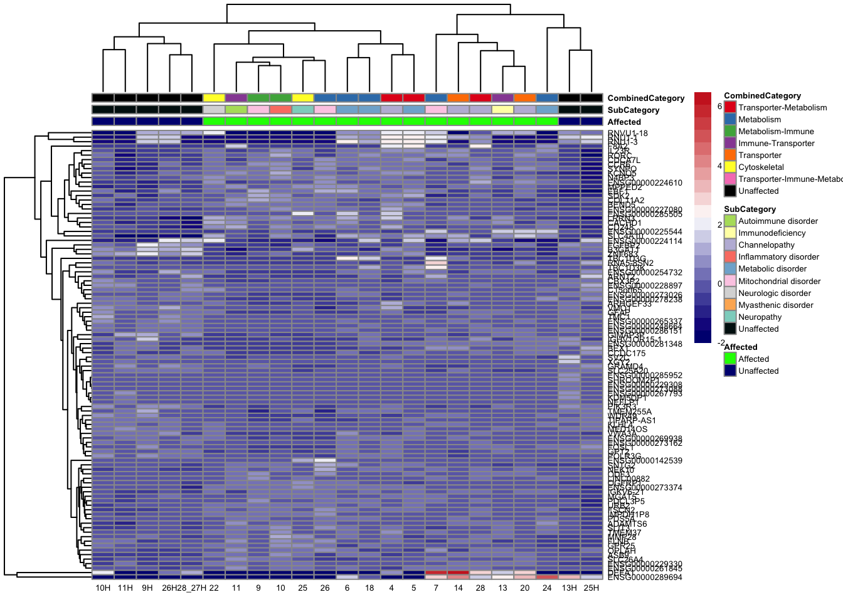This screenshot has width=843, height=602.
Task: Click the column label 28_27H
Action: [192, 588]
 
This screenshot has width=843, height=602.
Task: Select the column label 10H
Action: [103, 588]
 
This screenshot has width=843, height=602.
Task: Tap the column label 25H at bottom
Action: [591, 588]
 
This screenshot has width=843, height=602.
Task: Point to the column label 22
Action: [214, 588]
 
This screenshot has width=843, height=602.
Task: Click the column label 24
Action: [547, 588]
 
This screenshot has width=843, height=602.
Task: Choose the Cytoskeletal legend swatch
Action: [730, 167]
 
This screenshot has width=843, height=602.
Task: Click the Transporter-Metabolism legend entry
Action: [782, 108]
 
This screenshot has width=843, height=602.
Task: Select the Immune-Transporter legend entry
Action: [776, 144]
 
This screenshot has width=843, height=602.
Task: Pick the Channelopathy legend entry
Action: [766, 245]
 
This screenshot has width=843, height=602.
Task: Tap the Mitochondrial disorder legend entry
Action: [779, 282]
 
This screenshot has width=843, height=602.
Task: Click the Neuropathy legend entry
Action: [760, 317]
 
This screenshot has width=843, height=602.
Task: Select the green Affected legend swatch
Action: [730, 359]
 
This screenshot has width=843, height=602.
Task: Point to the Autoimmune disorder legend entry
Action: [778, 221]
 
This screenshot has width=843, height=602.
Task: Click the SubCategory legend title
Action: [750, 209]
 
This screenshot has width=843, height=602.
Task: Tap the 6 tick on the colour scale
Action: [719, 107]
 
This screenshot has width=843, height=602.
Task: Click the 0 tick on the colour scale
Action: [719, 284]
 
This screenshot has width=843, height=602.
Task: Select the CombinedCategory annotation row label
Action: [645, 98]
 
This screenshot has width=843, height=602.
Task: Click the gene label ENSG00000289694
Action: [645, 578]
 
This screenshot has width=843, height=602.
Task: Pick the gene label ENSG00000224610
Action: [645, 183]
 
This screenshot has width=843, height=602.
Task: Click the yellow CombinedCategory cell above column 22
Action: [214, 98]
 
